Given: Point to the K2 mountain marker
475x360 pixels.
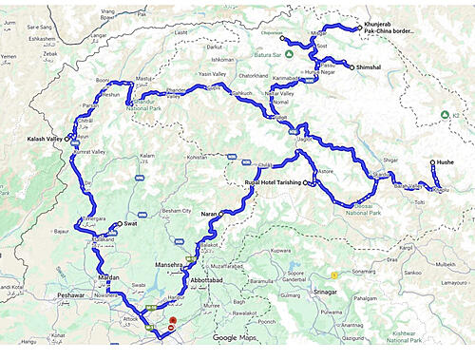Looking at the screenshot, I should [444, 115].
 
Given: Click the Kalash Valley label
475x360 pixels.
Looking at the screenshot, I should [45, 139].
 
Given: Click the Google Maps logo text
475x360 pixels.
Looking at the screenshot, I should [236, 337].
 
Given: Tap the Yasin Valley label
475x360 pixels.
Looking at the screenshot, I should [214, 72].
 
